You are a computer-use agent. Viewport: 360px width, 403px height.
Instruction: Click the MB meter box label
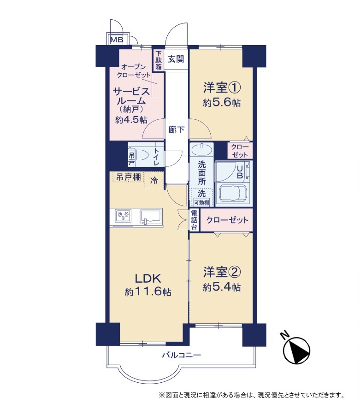click(x=117, y=40)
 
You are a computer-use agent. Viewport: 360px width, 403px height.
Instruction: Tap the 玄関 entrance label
click(x=176, y=59)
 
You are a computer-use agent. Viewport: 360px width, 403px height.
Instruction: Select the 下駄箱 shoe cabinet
click(x=159, y=60)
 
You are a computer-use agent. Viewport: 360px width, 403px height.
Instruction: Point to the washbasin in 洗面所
click(x=201, y=150)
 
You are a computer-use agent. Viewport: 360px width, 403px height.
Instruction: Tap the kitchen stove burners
click(x=124, y=216)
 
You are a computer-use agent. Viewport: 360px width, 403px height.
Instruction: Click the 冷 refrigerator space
click(x=154, y=181)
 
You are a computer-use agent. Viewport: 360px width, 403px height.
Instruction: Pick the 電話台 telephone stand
click(x=195, y=220)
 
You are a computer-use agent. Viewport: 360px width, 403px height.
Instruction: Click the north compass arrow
click(x=296, y=350)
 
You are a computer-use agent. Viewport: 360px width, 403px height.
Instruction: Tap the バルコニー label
click(x=182, y=356)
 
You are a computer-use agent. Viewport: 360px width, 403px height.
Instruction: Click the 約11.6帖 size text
click(x=148, y=292)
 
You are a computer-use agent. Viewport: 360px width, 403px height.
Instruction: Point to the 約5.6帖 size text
click(x=222, y=103)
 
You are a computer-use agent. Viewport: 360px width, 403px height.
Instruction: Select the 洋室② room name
click(x=222, y=272)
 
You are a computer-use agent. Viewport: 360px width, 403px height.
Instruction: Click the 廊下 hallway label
click(x=177, y=130)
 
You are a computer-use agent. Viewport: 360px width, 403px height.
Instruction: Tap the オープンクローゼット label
click(x=134, y=71)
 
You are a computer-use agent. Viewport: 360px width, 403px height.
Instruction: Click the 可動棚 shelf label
click(x=201, y=203)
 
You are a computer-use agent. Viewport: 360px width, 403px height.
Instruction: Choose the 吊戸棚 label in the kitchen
click(x=129, y=177)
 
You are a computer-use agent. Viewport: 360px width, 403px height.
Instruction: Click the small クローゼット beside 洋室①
click(x=240, y=151)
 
